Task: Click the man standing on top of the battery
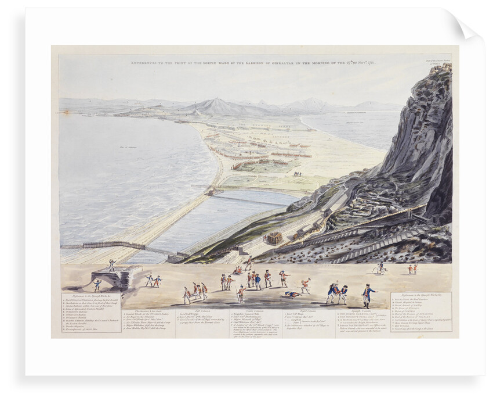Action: point(111,265)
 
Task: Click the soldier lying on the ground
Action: point(292,294)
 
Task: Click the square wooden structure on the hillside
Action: point(273,238)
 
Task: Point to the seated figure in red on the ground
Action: point(237,270)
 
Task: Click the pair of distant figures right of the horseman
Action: point(412,269)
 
